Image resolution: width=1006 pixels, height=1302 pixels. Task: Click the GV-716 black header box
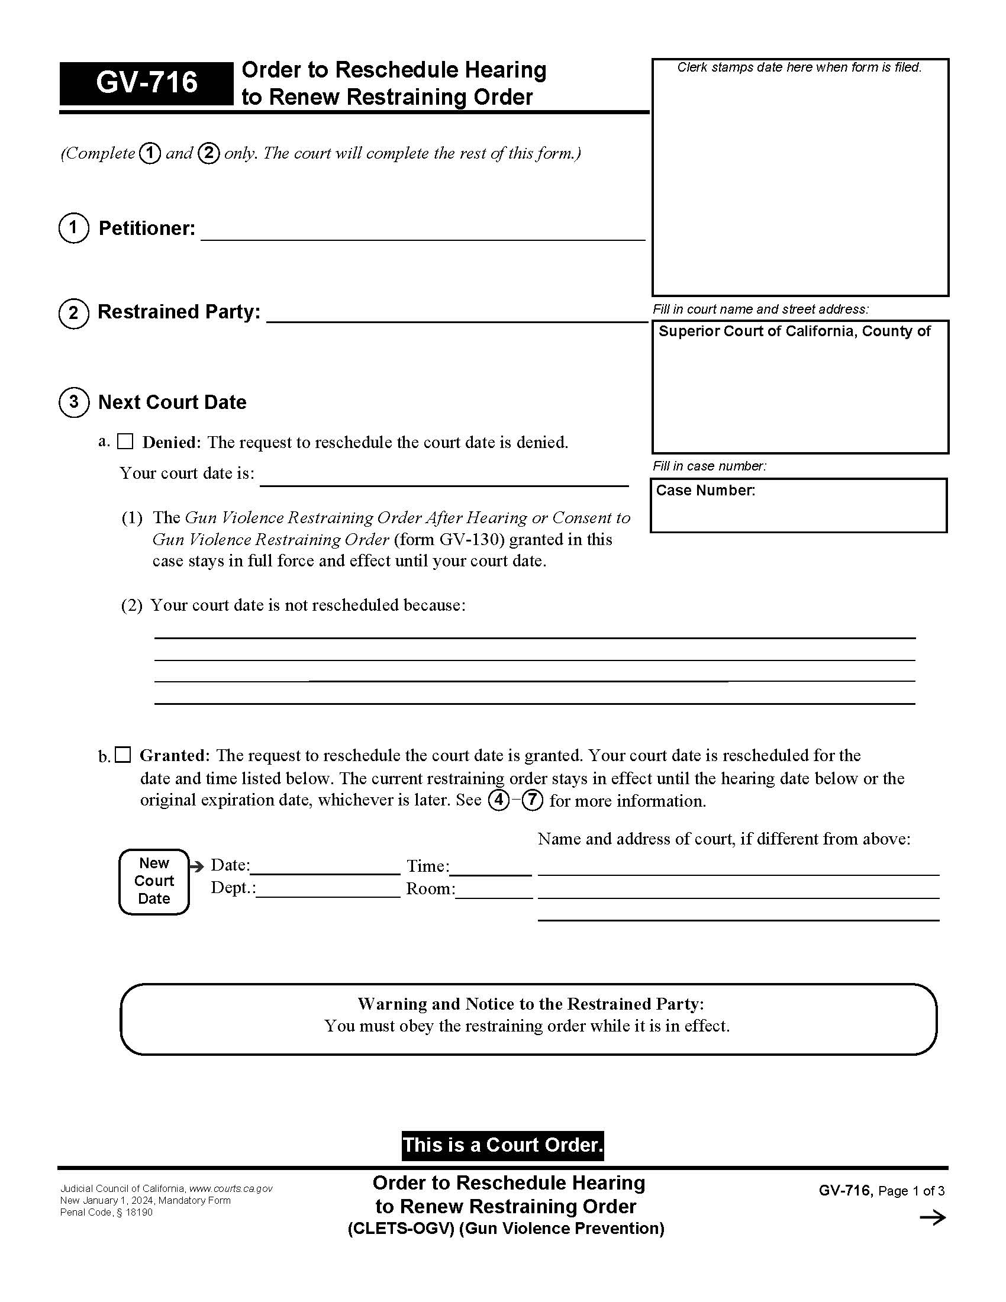coord(146,83)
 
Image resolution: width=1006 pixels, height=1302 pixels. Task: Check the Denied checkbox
coord(125,441)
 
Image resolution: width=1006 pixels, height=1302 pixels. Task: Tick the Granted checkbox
coord(122,755)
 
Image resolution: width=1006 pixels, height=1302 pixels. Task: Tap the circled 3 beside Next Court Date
coord(74,402)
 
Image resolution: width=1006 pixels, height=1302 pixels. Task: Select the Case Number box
coord(799,505)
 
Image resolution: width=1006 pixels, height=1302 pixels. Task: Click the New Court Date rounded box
coord(154,882)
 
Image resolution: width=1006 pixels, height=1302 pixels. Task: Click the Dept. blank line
coord(328,890)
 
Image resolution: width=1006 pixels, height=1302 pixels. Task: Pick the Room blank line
coord(494,891)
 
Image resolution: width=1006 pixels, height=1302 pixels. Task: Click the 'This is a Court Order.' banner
coord(502,1145)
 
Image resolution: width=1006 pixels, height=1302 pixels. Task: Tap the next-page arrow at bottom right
coord(933,1218)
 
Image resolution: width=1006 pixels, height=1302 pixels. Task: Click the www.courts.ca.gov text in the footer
coord(231,1189)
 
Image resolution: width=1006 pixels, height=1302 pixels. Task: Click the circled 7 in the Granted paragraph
coord(532,800)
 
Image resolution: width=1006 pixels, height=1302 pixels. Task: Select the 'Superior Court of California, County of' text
coord(794,331)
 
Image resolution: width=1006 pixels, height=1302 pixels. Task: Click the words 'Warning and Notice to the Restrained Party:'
coord(530,1004)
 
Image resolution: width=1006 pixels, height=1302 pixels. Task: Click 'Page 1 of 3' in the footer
coord(911,1191)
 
